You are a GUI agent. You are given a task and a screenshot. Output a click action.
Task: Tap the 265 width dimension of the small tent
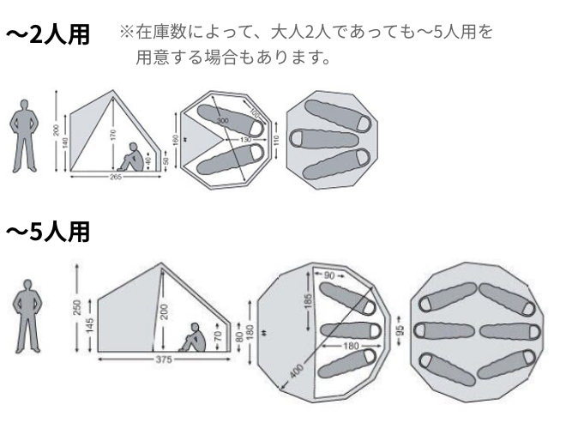coord(115,177)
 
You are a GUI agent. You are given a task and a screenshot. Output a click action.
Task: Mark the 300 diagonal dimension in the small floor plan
coord(223,123)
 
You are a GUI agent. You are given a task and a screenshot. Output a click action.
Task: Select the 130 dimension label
coord(244,140)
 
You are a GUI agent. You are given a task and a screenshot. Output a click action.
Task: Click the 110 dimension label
coord(278,139)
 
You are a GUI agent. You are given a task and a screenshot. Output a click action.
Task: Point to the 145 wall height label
coord(89,326)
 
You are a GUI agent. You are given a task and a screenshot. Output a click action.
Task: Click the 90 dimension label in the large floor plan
coord(330,275)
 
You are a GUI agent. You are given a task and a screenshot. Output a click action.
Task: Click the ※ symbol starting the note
coord(125,33)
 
